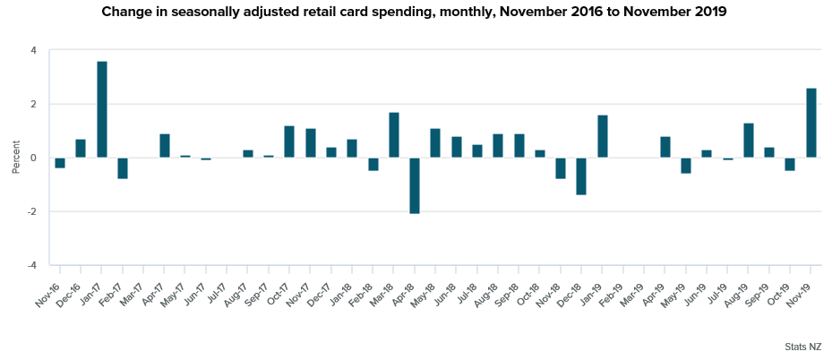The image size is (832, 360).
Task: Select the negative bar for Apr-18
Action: click(415, 185)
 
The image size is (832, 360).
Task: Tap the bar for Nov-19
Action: click(811, 123)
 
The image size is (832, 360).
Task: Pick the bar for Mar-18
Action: click(394, 135)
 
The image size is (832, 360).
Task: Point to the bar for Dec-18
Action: click(581, 176)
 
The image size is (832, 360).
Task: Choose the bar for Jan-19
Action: click(603, 136)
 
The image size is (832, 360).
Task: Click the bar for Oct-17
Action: click(289, 141)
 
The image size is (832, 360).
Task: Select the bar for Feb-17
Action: click(123, 168)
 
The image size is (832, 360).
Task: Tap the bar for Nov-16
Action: click(60, 163)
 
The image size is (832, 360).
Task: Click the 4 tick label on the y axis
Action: click(33, 50)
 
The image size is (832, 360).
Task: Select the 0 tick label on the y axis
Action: click(33, 159)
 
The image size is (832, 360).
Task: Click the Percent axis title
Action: click(15, 158)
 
